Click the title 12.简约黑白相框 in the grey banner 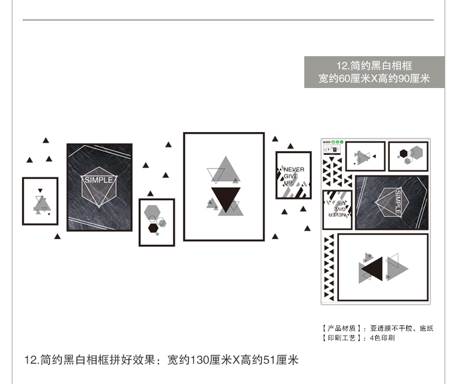coord(374,65)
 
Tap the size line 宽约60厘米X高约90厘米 coord(374,79)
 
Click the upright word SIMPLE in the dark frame coord(99,180)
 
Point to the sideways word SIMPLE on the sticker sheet coord(397,202)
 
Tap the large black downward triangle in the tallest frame coord(225,199)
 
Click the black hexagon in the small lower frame coord(153,227)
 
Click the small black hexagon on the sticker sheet coord(402,153)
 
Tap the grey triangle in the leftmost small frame coord(40,204)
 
